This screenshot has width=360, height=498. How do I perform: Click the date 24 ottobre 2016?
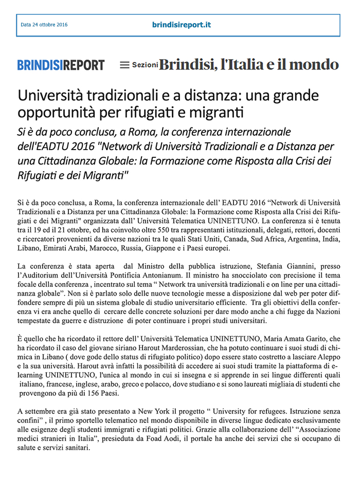coord(44,25)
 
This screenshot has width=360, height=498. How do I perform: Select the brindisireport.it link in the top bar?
coord(182,25)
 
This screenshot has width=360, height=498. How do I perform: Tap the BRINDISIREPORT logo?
coord(61,65)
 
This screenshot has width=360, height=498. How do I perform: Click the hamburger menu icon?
coord(124,65)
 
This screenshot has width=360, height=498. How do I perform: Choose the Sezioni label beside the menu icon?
coord(145,65)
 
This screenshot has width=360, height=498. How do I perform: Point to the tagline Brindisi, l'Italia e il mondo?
coord(249,65)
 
